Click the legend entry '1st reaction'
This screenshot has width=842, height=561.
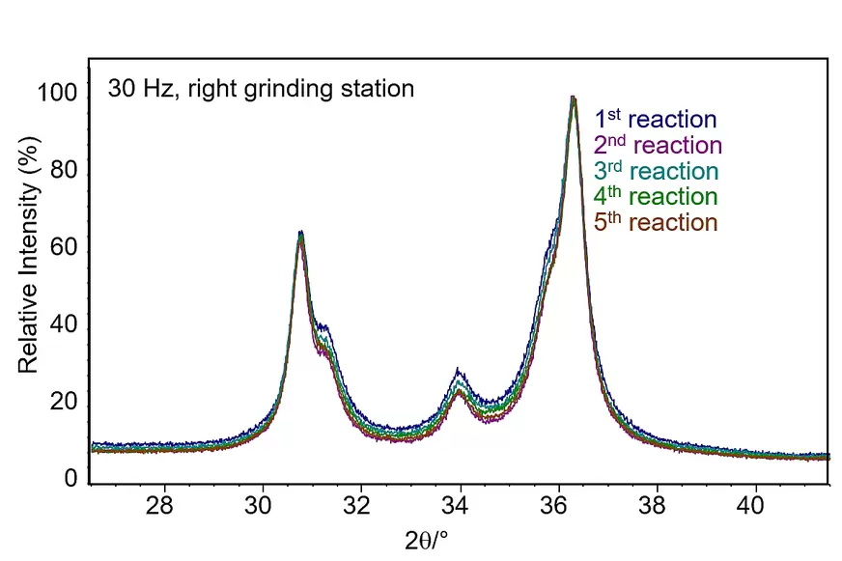[x=655, y=119]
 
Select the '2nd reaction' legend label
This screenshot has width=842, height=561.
[x=658, y=145]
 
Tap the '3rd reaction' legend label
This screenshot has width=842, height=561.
[x=657, y=171]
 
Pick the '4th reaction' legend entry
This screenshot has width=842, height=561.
[x=656, y=196]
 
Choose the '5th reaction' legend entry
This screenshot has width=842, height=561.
[x=656, y=222]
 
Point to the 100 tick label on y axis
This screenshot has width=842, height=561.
[x=58, y=93]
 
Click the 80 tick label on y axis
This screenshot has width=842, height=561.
[x=64, y=170]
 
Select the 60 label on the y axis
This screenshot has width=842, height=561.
[x=64, y=247]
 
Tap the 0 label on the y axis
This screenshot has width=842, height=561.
[x=70, y=478]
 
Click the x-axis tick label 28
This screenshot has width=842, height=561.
[x=159, y=505]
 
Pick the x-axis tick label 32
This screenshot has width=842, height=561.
[x=356, y=505]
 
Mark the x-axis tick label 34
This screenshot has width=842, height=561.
[x=455, y=505]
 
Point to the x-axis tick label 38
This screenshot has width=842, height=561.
[x=652, y=505]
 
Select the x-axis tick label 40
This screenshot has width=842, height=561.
[x=750, y=505]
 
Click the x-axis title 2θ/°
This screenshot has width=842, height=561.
[x=426, y=541]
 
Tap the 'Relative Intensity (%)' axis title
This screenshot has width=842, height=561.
[x=29, y=255]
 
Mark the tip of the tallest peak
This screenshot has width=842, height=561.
[x=573, y=98]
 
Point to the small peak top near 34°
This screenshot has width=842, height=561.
[x=458, y=370]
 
